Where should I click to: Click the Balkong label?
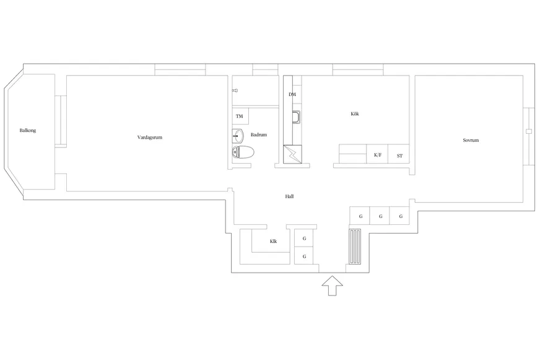(x=27, y=131)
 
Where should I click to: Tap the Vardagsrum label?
(x=150, y=138)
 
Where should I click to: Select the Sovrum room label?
(x=471, y=140)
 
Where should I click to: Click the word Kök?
(x=355, y=113)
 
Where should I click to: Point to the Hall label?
(x=289, y=196)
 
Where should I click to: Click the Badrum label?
(x=259, y=134)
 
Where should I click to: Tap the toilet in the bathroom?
(x=243, y=152)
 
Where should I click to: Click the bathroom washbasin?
(x=238, y=136)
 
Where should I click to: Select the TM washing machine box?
(x=240, y=116)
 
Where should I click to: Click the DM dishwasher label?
(x=292, y=94)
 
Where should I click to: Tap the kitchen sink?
(x=296, y=117)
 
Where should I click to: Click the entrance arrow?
(x=333, y=286)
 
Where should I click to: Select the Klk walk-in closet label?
(x=274, y=241)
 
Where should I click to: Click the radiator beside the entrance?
(x=355, y=247)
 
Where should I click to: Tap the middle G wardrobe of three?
(x=380, y=216)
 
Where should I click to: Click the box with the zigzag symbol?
(x=292, y=154)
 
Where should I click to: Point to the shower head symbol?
(x=235, y=90)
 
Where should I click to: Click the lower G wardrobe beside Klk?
(x=303, y=256)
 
